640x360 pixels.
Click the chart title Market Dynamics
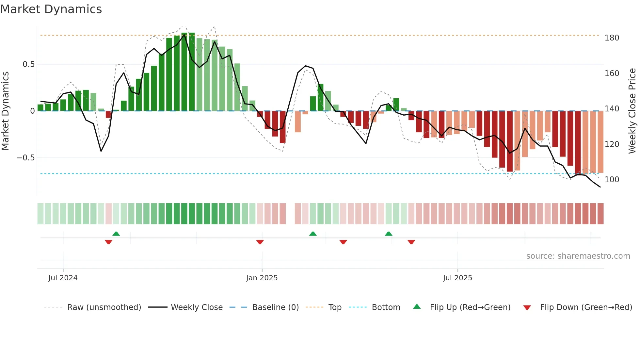(51, 9)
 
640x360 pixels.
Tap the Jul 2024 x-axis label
(63, 278)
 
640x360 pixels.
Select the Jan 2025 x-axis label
(262, 278)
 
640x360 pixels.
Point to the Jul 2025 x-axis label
(457, 278)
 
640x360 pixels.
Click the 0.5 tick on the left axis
(29, 64)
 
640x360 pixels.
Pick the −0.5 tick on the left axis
(26, 158)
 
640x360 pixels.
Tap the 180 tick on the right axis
(612, 38)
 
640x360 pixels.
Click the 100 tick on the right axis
(612, 180)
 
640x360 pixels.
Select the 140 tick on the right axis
(612, 109)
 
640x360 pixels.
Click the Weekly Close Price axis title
(632, 111)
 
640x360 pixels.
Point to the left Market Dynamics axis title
(5, 111)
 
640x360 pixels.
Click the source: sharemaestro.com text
(578, 256)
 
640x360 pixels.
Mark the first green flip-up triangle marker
(116, 234)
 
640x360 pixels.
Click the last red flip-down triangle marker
(411, 242)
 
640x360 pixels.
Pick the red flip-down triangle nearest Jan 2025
(260, 242)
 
